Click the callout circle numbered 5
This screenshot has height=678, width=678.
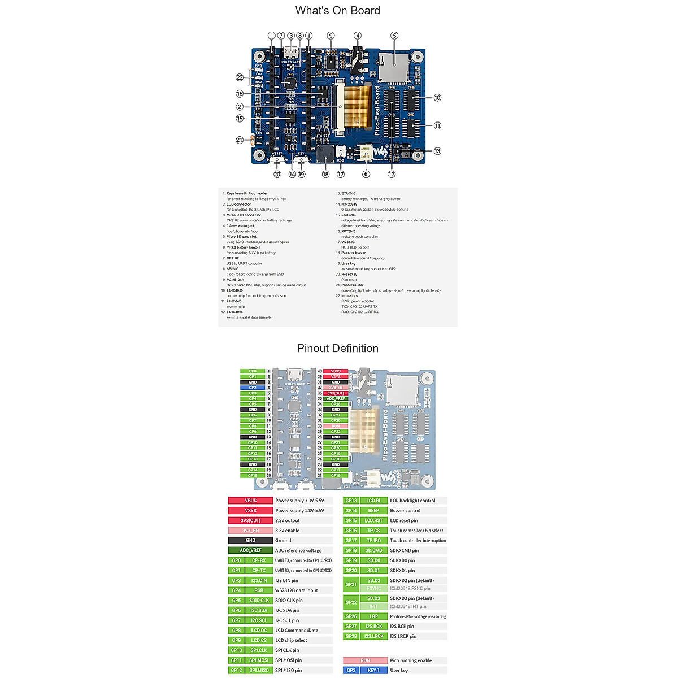pos(394,36)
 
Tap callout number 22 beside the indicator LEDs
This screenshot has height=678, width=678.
pos(240,77)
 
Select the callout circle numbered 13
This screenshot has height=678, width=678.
pos(437,151)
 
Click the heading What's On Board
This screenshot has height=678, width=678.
pos(337,11)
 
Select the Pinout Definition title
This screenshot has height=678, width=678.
pos(337,349)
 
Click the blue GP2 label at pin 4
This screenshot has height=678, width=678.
pos(253,388)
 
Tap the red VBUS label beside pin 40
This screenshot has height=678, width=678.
pos(336,371)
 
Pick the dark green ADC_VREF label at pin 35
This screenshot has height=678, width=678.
pos(336,399)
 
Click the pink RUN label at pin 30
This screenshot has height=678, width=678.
pos(336,426)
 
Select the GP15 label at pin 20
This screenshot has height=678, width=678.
pos(253,476)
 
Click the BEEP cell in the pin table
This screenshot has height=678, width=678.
pos(373,511)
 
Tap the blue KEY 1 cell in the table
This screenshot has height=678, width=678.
pos(373,671)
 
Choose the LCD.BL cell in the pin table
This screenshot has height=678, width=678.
pos(373,501)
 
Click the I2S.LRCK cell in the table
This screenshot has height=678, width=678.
pos(373,637)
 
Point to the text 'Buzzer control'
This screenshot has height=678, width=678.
pos(405,511)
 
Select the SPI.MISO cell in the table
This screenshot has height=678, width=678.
pos(259,671)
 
